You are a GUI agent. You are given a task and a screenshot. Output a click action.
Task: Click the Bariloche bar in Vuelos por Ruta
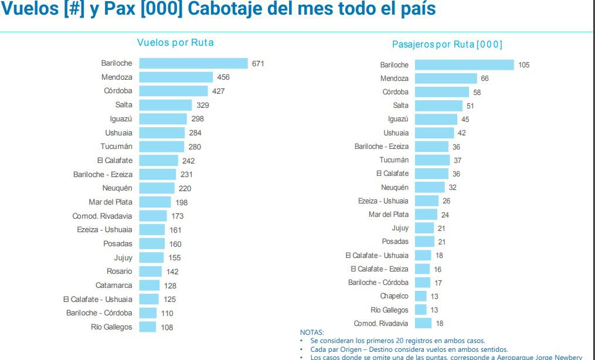[193, 63]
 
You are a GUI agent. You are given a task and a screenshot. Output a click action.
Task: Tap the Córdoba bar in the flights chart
[174, 91]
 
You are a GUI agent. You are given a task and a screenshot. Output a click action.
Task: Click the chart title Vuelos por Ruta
[175, 42]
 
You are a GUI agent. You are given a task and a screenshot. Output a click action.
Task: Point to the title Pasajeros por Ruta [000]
[447, 45]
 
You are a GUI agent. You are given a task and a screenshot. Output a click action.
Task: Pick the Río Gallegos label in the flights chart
[111, 327]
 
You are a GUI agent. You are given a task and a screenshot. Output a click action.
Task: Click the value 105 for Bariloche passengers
[523, 65]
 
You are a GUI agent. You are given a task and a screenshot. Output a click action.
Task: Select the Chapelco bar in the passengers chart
[420, 296]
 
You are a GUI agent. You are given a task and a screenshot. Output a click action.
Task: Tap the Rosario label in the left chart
[119, 271]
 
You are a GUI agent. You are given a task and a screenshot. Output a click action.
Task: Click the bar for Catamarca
[149, 285]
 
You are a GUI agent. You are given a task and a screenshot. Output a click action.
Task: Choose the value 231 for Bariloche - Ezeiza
[186, 175]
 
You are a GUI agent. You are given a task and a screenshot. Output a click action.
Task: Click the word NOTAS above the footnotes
[311, 332]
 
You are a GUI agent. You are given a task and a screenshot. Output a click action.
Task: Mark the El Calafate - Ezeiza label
[379, 269]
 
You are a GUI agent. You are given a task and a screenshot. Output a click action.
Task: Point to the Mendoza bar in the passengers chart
[446, 78]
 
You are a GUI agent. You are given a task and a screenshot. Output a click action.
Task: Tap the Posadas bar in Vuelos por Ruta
[152, 243]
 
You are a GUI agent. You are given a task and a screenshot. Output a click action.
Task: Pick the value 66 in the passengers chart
[484, 79]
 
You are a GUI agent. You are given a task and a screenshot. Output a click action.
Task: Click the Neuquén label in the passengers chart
[395, 188]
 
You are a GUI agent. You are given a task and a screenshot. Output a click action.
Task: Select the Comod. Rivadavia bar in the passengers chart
[423, 324]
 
